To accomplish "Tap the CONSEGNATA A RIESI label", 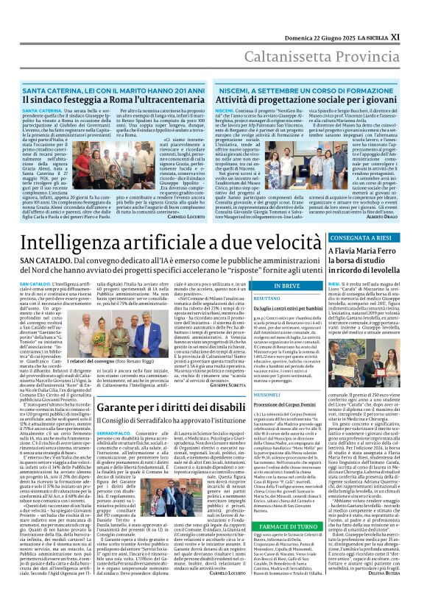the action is coord(382,239).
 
